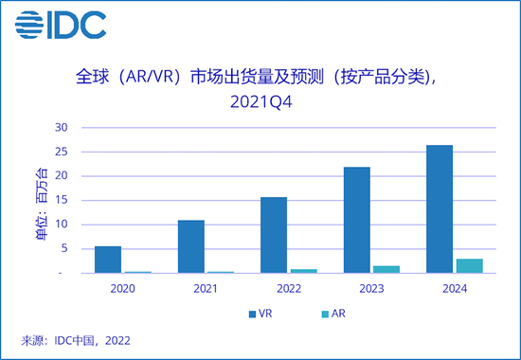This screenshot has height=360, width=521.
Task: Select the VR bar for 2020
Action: point(107,260)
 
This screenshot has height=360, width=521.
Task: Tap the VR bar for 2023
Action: point(356,220)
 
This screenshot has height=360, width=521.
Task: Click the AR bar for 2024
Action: point(470,266)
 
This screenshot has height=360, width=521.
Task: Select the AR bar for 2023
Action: point(386,269)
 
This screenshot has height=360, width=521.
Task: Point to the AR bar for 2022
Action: point(304,271)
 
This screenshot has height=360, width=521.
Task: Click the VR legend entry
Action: point(258,313)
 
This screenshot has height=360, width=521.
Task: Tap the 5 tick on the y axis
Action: point(63,248)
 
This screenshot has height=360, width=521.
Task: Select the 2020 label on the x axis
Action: point(123,288)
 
